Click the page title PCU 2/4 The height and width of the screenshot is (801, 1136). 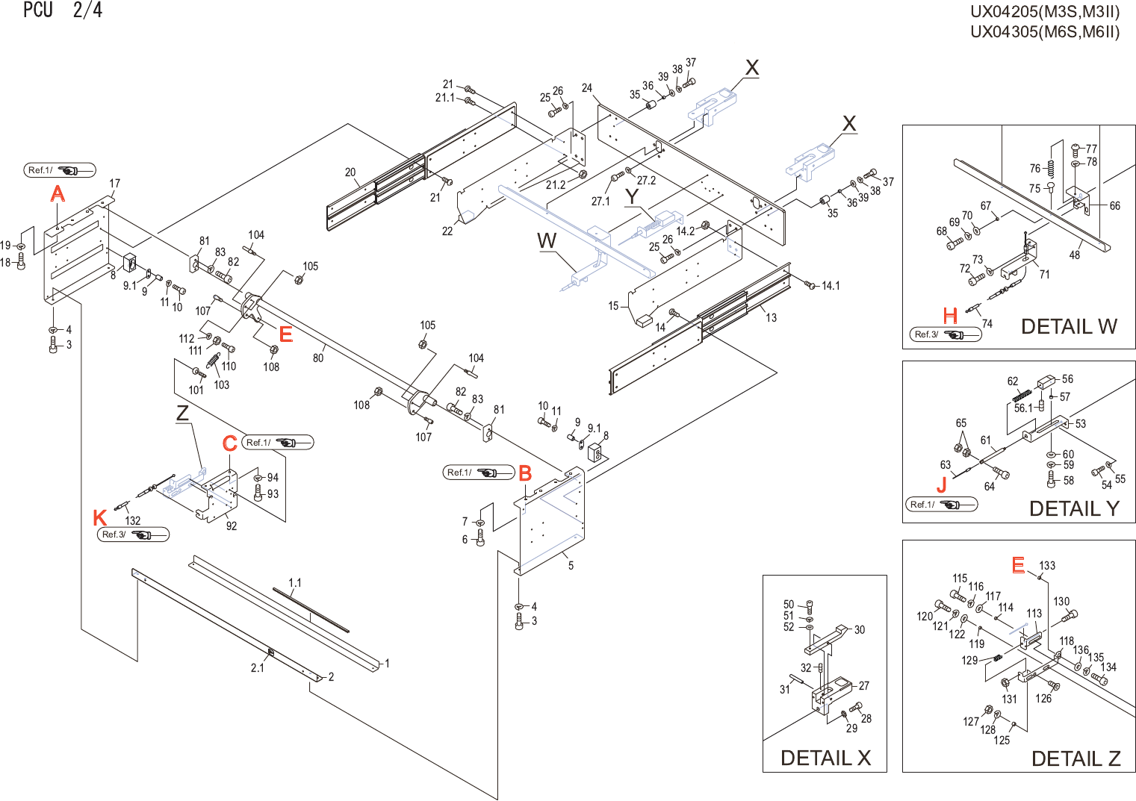point(63,10)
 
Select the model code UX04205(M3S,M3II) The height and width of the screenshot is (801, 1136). point(1045,11)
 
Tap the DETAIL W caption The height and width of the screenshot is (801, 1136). point(1069,326)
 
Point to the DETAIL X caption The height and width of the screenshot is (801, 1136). point(825,758)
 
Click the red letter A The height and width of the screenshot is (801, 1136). point(58,193)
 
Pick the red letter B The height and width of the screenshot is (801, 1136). point(525,473)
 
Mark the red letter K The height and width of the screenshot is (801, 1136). point(100,517)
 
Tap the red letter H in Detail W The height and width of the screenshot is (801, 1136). point(950,316)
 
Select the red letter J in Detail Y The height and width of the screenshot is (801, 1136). point(941,485)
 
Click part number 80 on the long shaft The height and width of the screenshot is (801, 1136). point(318,358)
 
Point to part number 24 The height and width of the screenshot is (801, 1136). point(587,87)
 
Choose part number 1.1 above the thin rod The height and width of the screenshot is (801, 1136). point(295,582)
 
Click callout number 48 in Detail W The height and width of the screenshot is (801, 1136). point(1075,255)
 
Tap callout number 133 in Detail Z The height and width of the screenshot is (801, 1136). point(1047,565)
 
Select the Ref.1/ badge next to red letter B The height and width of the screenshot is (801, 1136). point(479,473)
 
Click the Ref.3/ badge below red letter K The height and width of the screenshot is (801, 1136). point(134,534)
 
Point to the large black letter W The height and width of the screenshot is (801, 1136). point(547,240)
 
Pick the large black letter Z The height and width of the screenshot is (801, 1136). point(182,413)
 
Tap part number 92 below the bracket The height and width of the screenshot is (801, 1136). point(232,526)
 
